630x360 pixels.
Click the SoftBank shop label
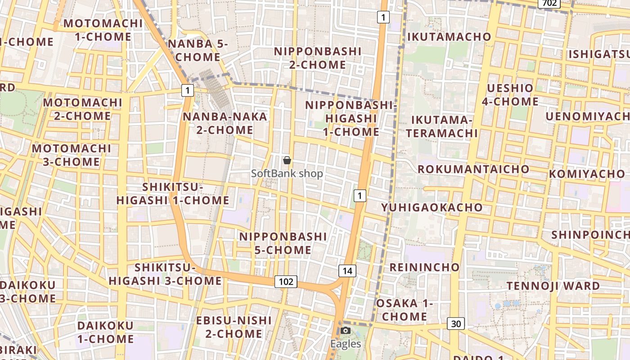[287, 173]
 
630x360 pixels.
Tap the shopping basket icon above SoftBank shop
[287, 160]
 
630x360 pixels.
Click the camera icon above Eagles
[345, 331]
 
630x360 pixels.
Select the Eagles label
[346, 344]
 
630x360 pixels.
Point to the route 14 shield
[347, 270]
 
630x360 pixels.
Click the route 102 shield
[286, 282]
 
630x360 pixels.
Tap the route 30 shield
[456, 323]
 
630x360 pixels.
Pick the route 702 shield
[549, 4]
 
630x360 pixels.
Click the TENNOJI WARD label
[553, 286]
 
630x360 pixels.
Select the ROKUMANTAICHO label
[473, 169]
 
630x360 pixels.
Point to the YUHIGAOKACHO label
[432, 207]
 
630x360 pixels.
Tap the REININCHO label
[424, 267]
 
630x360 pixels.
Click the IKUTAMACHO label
[449, 37]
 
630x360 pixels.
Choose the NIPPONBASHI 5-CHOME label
[283, 243]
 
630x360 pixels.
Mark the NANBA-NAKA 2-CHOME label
[225, 123]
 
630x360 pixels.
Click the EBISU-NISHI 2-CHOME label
[234, 327]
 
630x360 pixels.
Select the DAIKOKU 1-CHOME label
[105, 332]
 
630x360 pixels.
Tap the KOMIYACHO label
[587, 174]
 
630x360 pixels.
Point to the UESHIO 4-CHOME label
[510, 94]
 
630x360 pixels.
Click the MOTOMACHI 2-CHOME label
[82, 109]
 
